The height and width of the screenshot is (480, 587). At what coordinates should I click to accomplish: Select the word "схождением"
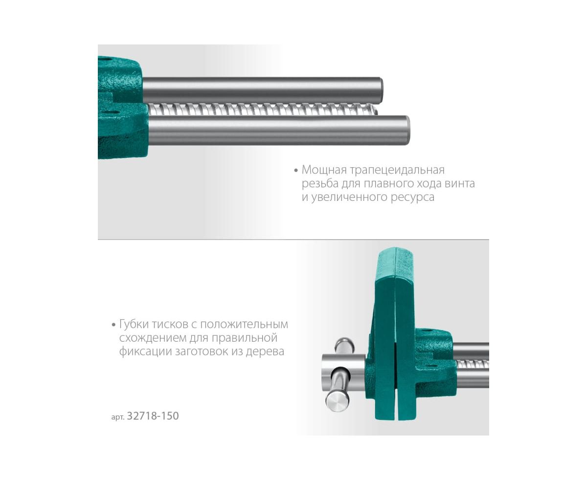coord(153,338)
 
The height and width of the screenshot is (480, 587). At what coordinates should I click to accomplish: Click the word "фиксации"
coord(145,352)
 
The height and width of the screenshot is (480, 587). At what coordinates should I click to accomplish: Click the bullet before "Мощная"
coord(296,171)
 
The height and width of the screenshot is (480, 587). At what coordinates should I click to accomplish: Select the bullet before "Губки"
coord(113,325)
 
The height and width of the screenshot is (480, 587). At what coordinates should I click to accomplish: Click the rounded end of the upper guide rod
coord(381,89)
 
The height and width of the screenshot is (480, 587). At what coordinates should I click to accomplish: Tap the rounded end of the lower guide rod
coord(407,130)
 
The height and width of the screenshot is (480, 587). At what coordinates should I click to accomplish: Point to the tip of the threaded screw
coord(376,109)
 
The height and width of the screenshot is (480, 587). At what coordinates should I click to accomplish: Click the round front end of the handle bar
coord(337,404)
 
